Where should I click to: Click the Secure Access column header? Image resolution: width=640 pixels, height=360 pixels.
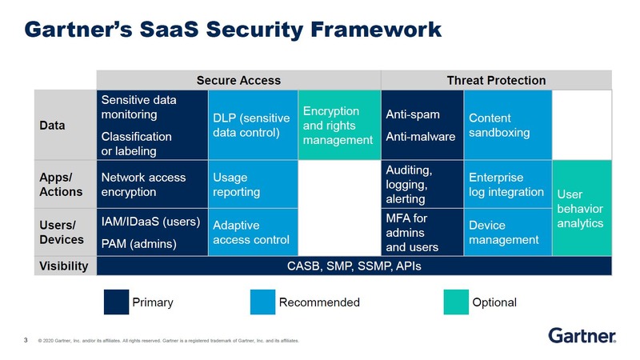tap(238, 80)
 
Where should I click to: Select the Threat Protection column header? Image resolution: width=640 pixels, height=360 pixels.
tap(497, 80)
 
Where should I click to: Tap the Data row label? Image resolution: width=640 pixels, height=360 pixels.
tap(65, 125)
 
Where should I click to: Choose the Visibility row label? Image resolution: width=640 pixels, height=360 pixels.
tap(65, 266)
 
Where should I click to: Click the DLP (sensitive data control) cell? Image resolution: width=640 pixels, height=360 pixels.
tap(251, 125)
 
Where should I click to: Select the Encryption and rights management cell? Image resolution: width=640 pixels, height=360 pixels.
tap(336, 125)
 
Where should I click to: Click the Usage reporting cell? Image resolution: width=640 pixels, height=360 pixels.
tap(251, 185)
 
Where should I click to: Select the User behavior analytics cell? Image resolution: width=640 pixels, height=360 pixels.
tap(582, 209)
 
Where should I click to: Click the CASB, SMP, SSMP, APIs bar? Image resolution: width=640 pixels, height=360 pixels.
tap(354, 266)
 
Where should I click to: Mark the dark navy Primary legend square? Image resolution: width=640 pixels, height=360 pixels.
tap(116, 302)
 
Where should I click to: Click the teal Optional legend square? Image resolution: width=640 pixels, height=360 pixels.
tap(457, 302)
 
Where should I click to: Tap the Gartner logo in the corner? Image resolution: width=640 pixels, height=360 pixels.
tap(582, 334)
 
